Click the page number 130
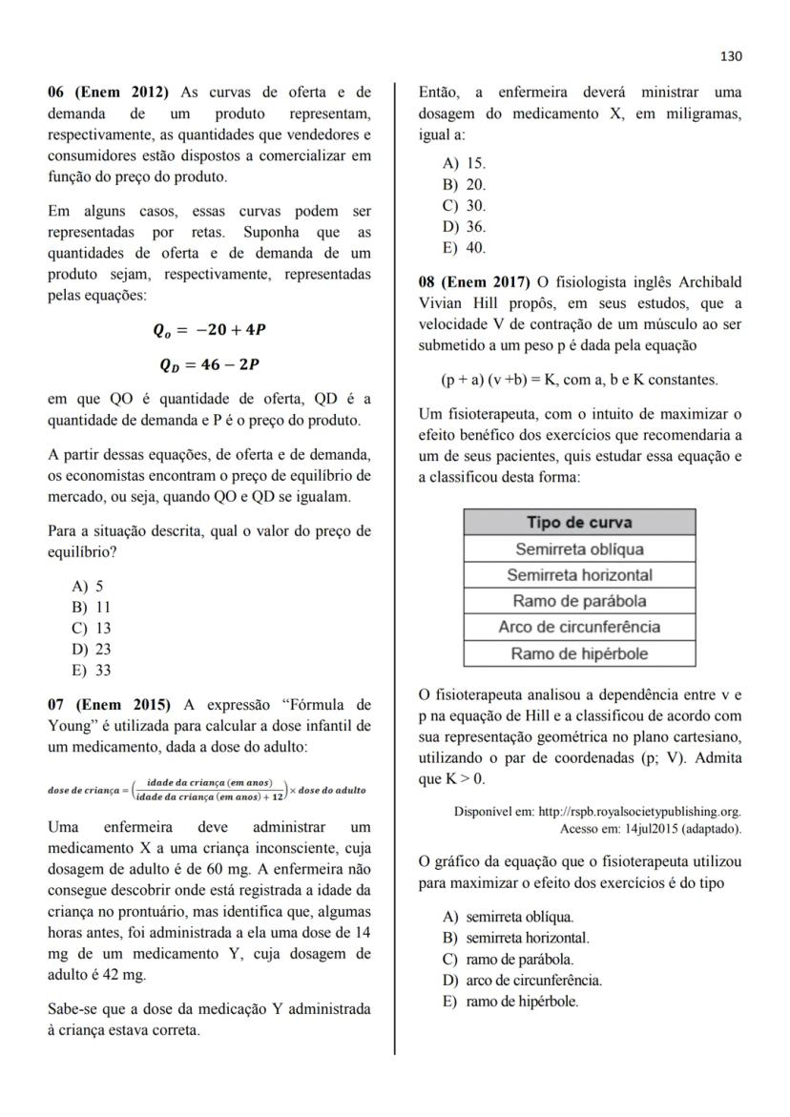[731, 56]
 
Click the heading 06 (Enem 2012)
[108, 93]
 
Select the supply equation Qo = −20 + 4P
[209, 330]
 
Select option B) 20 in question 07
[464, 185]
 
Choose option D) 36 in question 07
[464, 227]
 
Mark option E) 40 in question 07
[464, 248]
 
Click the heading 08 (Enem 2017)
[474, 282]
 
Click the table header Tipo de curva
[579, 523]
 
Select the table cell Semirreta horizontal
[579, 575]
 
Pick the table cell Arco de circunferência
[579, 627]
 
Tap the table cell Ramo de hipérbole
[579, 653]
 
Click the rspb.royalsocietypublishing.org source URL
[639, 812]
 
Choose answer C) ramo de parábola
[509, 959]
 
